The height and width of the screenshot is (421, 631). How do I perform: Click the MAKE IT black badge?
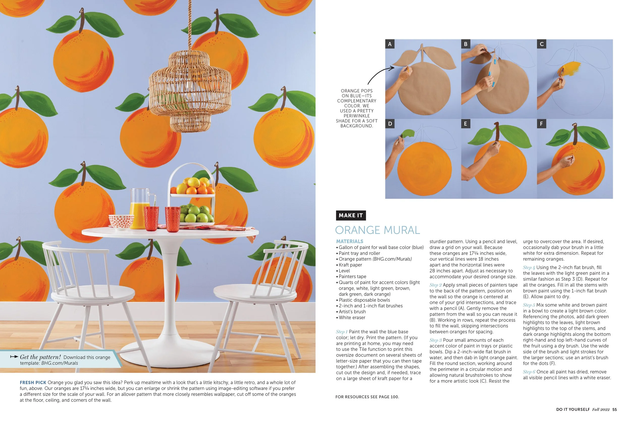coord(350,215)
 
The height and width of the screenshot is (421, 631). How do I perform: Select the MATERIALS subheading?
coord(350,241)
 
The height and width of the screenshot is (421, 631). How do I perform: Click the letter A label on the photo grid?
coord(390,44)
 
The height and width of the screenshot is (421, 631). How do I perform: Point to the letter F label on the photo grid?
coord(541,124)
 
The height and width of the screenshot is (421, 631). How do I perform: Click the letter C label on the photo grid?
coord(541,44)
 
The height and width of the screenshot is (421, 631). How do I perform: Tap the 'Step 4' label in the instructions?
coord(529,267)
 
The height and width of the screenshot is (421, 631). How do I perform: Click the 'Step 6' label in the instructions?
coord(529,372)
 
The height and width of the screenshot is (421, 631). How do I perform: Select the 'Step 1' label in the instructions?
coord(341,332)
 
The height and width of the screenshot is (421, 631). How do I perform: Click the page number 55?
coord(614,409)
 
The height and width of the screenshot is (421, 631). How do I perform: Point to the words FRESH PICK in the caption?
coord(33,382)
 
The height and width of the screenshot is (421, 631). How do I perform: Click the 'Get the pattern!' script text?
coord(40,357)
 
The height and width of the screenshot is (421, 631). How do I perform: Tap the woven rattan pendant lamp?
coord(190,91)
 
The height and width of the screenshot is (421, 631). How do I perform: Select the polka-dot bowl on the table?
coord(121,222)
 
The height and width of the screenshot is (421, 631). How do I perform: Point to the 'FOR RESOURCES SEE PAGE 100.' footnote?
coord(367,397)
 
